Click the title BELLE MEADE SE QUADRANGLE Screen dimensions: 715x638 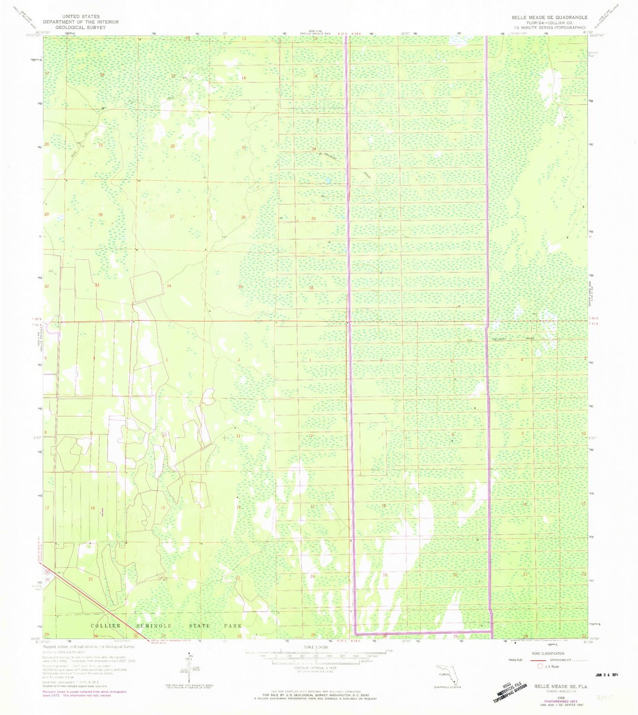click(549, 17)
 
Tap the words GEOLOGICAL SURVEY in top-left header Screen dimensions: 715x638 click(81, 27)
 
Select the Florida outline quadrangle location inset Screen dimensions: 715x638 click(447, 676)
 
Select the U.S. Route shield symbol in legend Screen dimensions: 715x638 click(541, 666)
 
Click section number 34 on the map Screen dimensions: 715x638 click(169, 285)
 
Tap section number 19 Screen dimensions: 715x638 click(385, 575)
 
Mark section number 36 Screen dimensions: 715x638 click(311, 288)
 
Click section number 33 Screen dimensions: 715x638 click(97, 285)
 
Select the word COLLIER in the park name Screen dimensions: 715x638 click(105, 626)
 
